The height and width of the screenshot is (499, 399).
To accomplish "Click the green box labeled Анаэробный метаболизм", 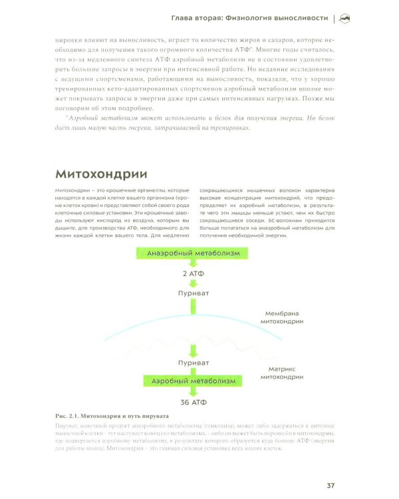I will click(x=194, y=253).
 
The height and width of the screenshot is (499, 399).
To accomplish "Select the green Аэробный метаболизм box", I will click(x=194, y=381).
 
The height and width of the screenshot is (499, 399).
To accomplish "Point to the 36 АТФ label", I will click(x=194, y=402).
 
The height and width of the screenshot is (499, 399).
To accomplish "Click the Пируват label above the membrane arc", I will click(x=194, y=293).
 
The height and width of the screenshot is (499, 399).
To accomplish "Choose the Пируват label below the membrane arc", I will click(x=194, y=363).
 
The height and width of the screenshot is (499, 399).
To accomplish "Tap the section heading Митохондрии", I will click(x=100, y=175).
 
